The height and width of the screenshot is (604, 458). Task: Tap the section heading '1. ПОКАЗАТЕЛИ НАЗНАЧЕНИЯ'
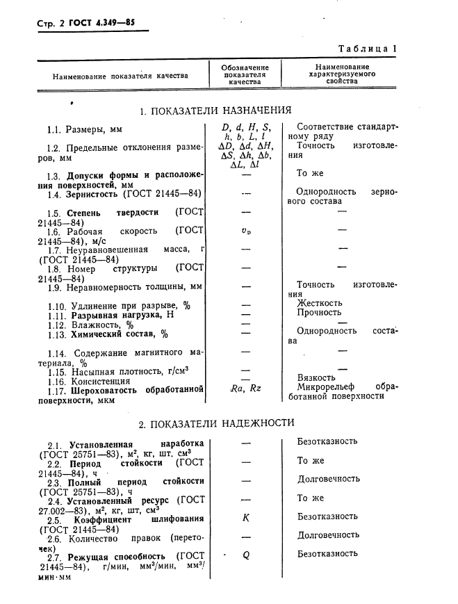pos(215,111)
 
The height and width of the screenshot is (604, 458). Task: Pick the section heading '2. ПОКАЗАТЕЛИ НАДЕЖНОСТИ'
pos(216,423)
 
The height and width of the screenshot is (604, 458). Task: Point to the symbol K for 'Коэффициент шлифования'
pos(245,518)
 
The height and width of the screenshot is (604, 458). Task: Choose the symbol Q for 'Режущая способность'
pos(245,555)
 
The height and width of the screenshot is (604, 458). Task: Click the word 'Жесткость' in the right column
pos(320,303)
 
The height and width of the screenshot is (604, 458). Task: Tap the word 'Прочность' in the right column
pos(320,313)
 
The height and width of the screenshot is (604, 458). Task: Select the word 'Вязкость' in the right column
pos(317,377)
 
